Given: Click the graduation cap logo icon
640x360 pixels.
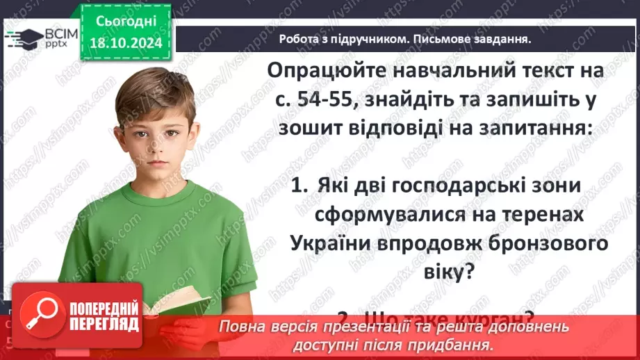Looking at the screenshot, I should pyautogui.click(x=22, y=38).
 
